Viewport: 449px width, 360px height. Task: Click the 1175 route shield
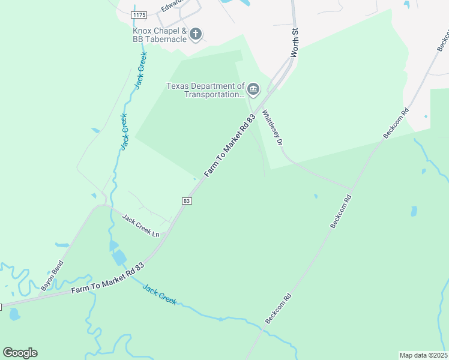click(139, 14)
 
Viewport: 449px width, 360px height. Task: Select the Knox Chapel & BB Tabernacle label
click(160, 35)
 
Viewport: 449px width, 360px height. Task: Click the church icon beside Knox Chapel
click(196, 34)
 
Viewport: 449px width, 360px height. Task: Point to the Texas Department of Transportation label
click(205, 90)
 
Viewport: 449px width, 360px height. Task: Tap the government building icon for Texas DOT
click(253, 91)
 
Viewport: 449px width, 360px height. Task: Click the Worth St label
click(295, 42)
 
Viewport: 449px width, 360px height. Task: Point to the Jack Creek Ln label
click(141, 225)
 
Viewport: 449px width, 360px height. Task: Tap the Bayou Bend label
click(52, 277)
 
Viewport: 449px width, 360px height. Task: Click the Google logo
click(20, 353)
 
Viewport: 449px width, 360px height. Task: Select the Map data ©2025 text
click(423, 355)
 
